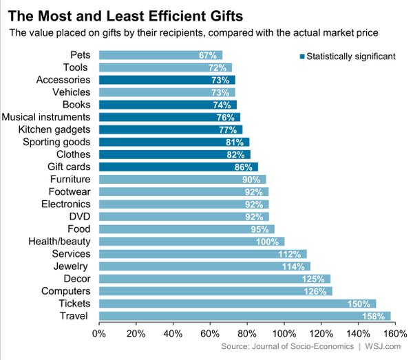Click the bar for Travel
click(244, 316)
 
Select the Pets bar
click(160, 55)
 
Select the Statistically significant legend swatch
click(300, 56)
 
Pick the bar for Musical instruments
click(169, 117)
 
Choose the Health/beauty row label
click(59, 242)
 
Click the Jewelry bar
click(204, 266)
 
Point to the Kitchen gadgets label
click(54, 129)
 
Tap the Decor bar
click(215, 279)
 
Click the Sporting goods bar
click(174, 142)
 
